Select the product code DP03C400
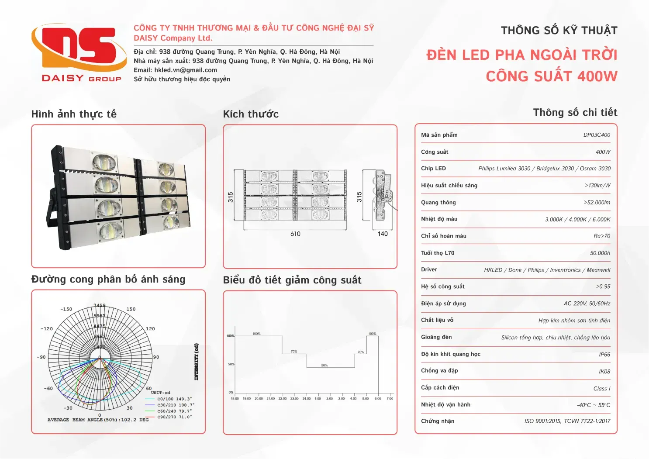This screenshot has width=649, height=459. point(597,135)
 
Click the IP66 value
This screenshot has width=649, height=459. point(604,355)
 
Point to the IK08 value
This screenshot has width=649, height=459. point(604,372)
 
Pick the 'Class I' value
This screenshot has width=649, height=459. point(602,389)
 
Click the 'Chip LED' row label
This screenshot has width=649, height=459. point(433,169)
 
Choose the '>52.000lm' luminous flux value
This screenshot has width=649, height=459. point(597,203)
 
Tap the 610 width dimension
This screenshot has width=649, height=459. point(295,234)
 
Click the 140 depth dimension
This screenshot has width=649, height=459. point(383,234)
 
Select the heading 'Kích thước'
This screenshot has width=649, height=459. point(251,114)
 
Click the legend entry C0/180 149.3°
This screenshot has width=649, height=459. point(174,399)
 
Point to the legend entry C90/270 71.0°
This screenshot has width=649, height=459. point(174,417)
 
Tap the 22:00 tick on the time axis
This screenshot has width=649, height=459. point(283,398)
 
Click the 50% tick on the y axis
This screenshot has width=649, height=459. point(231,364)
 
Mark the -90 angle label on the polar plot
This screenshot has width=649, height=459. point(41,357)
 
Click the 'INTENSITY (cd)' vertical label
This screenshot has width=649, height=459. point(197,362)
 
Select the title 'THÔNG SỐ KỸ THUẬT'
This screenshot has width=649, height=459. point(559,31)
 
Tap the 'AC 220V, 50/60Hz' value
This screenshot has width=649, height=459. point(587,304)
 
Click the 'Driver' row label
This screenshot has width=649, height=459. point(429,270)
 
